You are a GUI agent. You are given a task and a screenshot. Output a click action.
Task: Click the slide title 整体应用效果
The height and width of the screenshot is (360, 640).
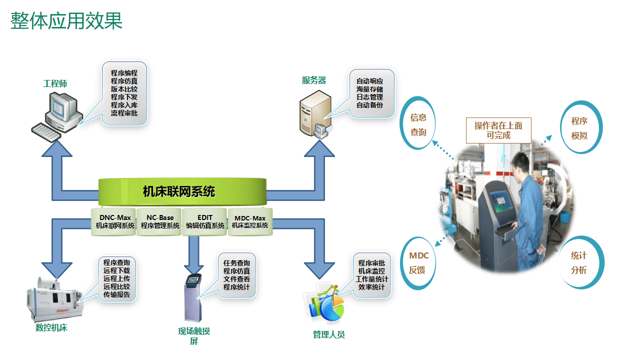point(66,21)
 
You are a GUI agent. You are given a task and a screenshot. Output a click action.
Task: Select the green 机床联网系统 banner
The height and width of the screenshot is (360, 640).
point(179,191)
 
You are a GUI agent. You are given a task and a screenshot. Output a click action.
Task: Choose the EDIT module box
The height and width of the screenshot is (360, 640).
point(205,221)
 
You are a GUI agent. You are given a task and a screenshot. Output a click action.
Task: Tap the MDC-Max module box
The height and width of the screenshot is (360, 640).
point(250,222)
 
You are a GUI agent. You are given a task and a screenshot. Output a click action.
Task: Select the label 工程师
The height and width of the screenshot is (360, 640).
point(55,83)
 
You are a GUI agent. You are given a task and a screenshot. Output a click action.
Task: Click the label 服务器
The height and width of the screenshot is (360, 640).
point(314,80)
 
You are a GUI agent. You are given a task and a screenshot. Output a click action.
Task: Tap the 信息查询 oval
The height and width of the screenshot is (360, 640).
point(418,124)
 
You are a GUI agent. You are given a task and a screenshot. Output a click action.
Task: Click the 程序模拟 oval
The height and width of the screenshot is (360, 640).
point(580,128)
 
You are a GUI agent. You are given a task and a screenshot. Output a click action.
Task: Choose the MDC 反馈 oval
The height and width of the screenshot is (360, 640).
point(418,263)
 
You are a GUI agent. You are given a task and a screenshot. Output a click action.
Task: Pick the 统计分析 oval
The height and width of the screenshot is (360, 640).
point(579,262)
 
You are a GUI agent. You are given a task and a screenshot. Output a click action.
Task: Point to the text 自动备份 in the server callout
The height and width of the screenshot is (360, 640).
point(369,105)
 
